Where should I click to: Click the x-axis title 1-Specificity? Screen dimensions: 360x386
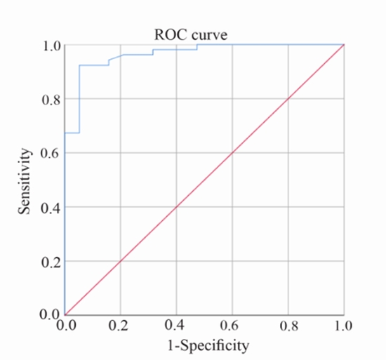(204, 345)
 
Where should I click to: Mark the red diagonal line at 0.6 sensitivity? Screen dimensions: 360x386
(232, 153)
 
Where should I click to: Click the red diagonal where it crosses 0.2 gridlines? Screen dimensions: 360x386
(121, 261)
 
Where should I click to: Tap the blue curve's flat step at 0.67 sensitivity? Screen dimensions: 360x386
(72, 133)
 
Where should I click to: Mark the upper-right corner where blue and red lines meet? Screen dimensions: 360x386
(344, 46)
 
